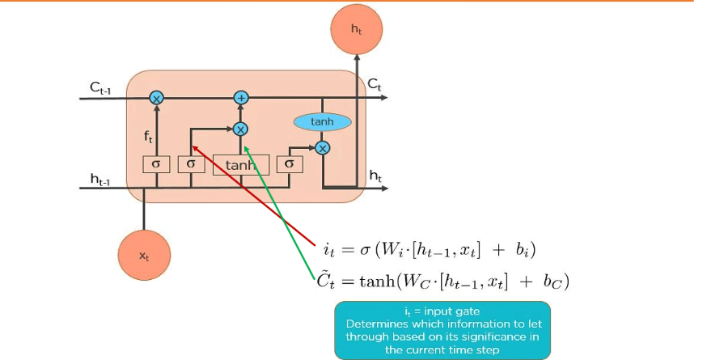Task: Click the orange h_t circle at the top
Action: tap(356, 29)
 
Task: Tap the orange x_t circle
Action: tap(144, 255)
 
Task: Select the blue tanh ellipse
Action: tap(322, 122)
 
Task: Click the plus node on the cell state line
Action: tap(240, 98)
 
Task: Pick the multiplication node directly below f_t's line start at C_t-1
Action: tap(156, 98)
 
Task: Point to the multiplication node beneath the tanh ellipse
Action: tap(322, 147)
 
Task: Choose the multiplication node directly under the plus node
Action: tap(240, 129)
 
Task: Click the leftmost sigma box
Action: tap(156, 164)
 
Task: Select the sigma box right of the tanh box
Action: tap(289, 164)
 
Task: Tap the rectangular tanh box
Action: tap(240, 165)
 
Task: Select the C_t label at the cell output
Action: tap(375, 83)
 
